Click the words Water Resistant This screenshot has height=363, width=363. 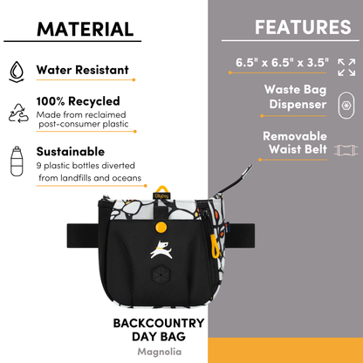click(x=82, y=70)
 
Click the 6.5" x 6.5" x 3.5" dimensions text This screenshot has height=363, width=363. click(x=281, y=64)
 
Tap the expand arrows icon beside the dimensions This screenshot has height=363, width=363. click(x=346, y=66)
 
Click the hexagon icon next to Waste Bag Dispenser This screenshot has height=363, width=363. click(x=346, y=104)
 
